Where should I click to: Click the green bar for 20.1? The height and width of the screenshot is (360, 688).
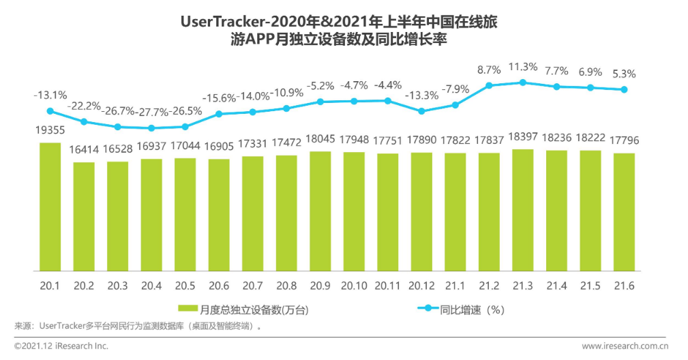(50, 206)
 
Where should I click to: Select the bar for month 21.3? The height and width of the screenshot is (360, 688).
(522, 209)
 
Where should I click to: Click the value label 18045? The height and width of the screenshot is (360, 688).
(320, 140)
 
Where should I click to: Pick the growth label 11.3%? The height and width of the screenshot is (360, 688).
(523, 67)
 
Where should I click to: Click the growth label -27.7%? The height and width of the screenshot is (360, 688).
(151, 112)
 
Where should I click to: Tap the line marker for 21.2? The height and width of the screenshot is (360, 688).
(489, 85)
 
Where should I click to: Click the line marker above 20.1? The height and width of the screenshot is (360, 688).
(50, 111)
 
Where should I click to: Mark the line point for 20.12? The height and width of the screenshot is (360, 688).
(421, 110)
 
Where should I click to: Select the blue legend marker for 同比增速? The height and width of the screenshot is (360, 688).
(428, 309)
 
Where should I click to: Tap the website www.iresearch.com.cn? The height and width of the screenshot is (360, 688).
(624, 346)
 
